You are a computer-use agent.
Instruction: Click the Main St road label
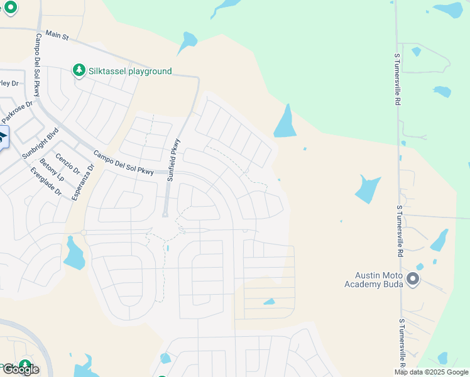pos(56,38)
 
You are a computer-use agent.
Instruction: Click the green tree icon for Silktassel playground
pos(79,70)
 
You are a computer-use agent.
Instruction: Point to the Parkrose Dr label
pos(16,112)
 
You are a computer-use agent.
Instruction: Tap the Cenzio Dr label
pos(67,163)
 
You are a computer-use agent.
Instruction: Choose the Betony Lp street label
pos(52,170)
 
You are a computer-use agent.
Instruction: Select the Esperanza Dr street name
pos(82,182)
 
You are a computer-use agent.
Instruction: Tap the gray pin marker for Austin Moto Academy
pos(413,278)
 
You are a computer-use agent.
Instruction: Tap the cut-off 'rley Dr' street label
pos(9,83)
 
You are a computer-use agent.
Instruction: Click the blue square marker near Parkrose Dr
pos(2,136)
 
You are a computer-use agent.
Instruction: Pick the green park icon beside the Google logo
pos(25,365)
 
